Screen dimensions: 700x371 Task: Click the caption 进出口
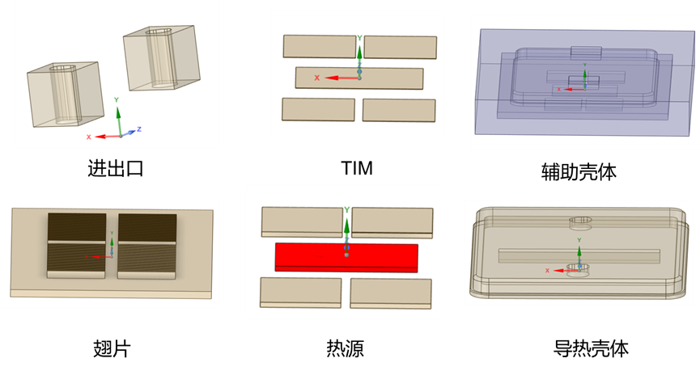[115, 169]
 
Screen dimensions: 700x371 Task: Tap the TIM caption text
[357, 168]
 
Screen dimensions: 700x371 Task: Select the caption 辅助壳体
[579, 171]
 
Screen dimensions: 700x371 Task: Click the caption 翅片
[112, 348]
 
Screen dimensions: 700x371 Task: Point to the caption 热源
[345, 348]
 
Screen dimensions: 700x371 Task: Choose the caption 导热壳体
[591, 348]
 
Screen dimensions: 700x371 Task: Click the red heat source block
[346, 258]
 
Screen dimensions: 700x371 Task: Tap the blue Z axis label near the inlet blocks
[139, 129]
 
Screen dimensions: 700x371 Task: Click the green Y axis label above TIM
[359, 38]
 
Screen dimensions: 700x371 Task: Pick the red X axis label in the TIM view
[316, 78]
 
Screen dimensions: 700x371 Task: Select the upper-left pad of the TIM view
[320, 46]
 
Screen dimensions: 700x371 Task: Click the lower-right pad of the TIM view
[399, 111]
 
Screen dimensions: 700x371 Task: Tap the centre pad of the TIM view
[359, 78]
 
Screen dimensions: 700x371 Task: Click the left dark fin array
[76, 246]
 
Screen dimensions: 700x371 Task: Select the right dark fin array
[146, 247]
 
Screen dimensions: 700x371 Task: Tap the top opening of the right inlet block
[159, 32]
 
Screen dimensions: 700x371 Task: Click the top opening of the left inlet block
[62, 68]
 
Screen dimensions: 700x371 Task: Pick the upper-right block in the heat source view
[392, 222]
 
